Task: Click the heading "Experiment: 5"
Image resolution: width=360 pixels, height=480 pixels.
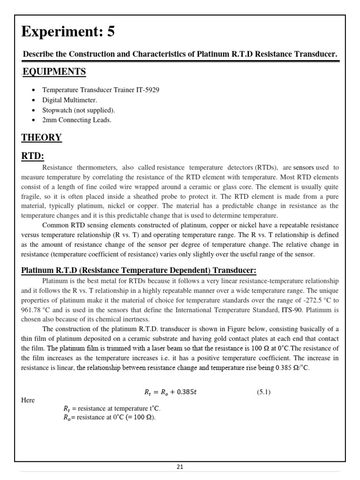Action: (68, 32)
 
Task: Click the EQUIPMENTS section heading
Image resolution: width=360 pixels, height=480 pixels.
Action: (54, 72)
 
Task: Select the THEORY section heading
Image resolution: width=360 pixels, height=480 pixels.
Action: (41, 137)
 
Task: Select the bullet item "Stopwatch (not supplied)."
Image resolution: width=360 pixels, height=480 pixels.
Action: (78, 110)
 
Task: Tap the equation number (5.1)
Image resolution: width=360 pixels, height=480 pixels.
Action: (264, 392)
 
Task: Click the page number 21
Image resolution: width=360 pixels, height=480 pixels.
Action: (180, 466)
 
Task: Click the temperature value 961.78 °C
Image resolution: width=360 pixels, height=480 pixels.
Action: (34, 310)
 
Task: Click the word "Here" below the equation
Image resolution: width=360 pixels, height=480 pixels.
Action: (28, 400)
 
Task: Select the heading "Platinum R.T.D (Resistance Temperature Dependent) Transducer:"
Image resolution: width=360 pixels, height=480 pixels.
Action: (139, 271)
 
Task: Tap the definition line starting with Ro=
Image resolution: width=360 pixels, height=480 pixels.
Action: (109, 417)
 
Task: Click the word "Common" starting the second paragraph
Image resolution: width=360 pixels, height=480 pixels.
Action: (56, 225)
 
